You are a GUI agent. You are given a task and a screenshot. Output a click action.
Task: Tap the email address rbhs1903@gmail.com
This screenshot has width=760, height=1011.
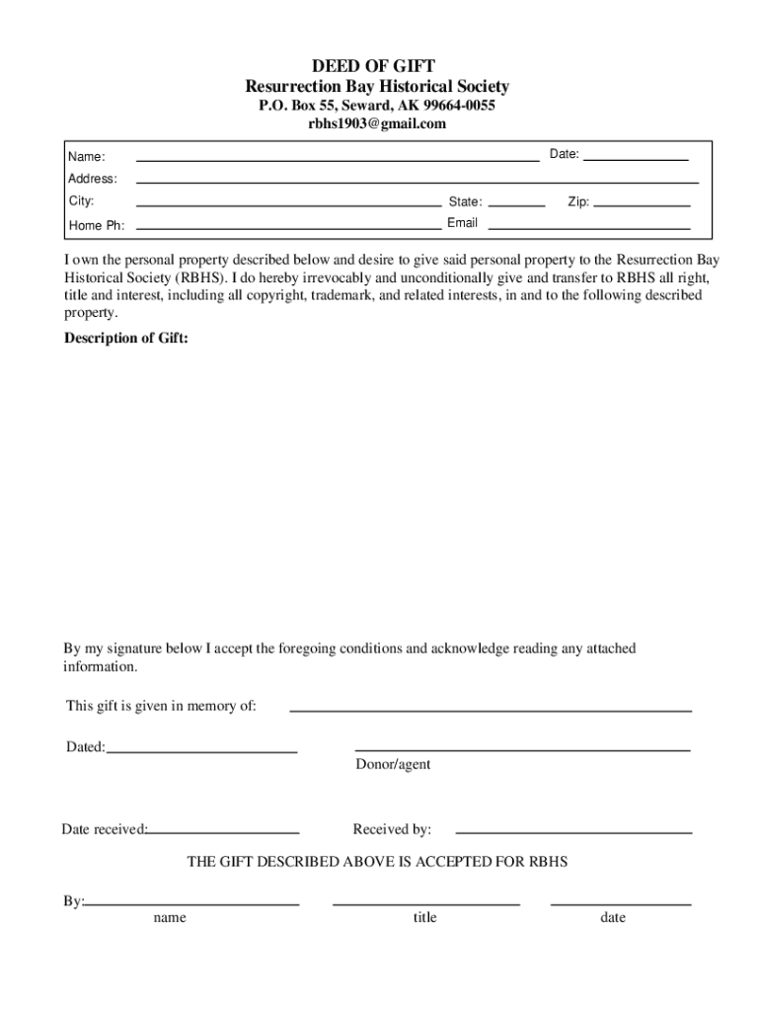(x=377, y=123)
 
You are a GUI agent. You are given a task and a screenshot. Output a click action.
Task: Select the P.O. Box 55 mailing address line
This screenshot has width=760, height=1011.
(x=377, y=105)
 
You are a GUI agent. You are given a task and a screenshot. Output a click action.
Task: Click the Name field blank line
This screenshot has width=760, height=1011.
(x=337, y=158)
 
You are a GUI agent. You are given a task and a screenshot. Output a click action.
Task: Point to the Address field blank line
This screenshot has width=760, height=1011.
(x=417, y=182)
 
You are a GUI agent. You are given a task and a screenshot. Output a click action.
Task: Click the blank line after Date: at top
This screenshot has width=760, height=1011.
(x=636, y=158)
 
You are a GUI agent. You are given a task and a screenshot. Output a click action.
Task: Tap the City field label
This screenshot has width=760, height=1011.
(x=81, y=201)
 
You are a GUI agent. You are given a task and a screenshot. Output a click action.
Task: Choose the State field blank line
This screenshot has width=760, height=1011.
(x=516, y=204)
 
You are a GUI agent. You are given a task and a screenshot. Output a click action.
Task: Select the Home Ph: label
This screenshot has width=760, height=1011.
(x=96, y=226)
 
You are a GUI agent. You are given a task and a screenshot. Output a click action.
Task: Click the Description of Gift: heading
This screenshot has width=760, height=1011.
(x=125, y=339)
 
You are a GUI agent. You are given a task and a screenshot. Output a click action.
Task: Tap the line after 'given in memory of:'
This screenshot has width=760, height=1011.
(x=490, y=710)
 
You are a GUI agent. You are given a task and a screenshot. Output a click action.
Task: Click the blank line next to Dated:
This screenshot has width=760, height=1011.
(x=201, y=751)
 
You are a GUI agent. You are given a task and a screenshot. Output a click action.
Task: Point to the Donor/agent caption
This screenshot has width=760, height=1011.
(x=393, y=765)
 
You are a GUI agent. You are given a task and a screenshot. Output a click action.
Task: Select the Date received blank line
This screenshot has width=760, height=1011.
(x=223, y=832)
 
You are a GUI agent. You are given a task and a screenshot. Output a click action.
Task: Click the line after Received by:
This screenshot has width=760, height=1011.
(x=572, y=832)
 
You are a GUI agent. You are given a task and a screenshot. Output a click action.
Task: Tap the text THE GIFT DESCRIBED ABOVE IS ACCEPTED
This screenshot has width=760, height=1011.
(x=377, y=862)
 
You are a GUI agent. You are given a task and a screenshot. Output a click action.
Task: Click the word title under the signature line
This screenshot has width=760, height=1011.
(x=424, y=918)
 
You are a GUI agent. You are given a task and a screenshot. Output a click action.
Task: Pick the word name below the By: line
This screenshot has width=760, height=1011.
(x=169, y=918)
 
